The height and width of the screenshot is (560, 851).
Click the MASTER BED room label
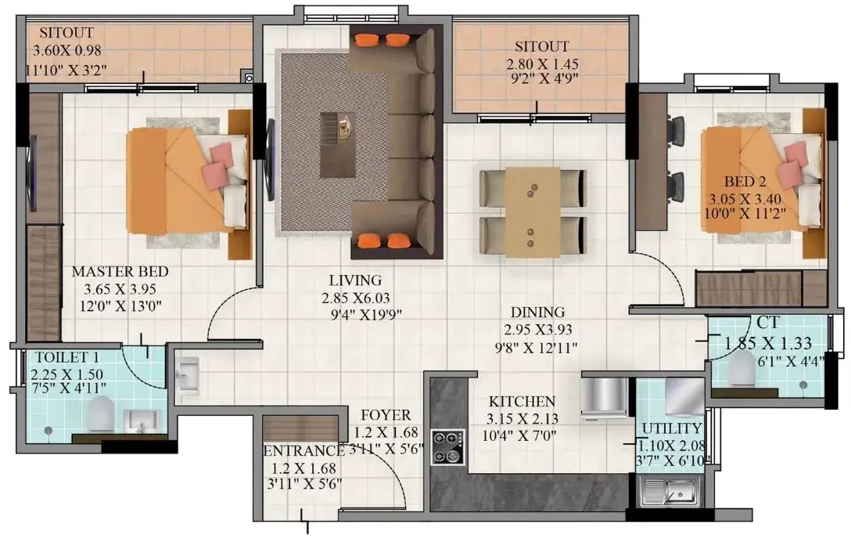click(120, 271)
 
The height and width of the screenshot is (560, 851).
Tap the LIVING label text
click(355, 280)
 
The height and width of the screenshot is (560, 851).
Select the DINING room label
click(537, 312)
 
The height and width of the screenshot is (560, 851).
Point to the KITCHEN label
click(522, 402)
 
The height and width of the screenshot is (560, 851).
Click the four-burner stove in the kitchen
click(448, 447)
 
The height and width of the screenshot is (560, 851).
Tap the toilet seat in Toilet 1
click(101, 413)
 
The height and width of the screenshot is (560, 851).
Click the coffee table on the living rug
click(338, 145)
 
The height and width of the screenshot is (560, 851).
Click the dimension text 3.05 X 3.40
click(745, 200)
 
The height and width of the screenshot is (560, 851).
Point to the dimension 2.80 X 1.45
click(542, 64)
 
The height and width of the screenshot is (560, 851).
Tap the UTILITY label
click(672, 428)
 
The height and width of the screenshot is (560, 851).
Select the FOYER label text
click(386, 415)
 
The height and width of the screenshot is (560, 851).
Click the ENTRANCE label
click(303, 451)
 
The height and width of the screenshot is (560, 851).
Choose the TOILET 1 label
click(67, 357)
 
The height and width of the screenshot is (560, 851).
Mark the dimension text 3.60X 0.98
click(66, 51)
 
